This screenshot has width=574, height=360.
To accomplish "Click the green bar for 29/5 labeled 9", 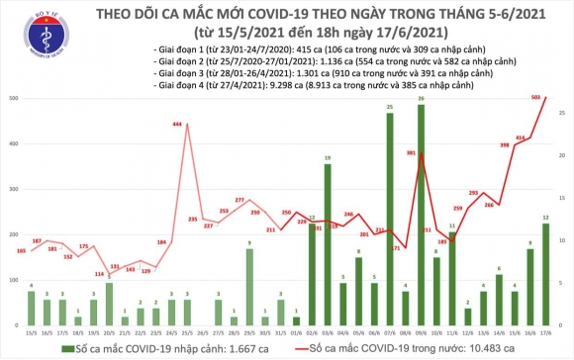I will pos(248,288).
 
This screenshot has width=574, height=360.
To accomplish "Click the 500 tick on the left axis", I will pos(9,100).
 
